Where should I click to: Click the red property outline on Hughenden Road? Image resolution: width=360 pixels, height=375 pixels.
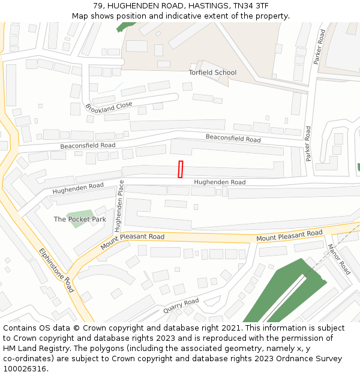click(181, 169)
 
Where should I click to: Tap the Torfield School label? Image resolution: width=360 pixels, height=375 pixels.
click(212, 73)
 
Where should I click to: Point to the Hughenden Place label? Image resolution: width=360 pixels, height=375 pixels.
click(119, 206)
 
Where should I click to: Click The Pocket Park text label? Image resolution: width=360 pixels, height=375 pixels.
click(80, 220)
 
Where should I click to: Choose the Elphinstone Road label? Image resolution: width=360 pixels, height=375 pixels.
click(56, 270)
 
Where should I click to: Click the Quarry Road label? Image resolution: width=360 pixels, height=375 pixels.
click(181, 306)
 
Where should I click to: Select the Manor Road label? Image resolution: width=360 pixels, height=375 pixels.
click(338, 259)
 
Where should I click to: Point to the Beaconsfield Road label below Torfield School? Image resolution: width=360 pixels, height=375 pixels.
click(233, 138)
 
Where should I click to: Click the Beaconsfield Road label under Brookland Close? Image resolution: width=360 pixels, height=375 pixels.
click(88, 146)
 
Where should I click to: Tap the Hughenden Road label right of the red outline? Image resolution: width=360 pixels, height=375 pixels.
click(219, 182)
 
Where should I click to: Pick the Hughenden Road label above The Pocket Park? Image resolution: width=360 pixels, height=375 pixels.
click(78, 189)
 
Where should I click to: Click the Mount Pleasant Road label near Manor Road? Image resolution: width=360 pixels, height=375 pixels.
click(289, 236)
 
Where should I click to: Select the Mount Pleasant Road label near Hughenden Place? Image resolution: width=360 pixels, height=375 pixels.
click(133, 241)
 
